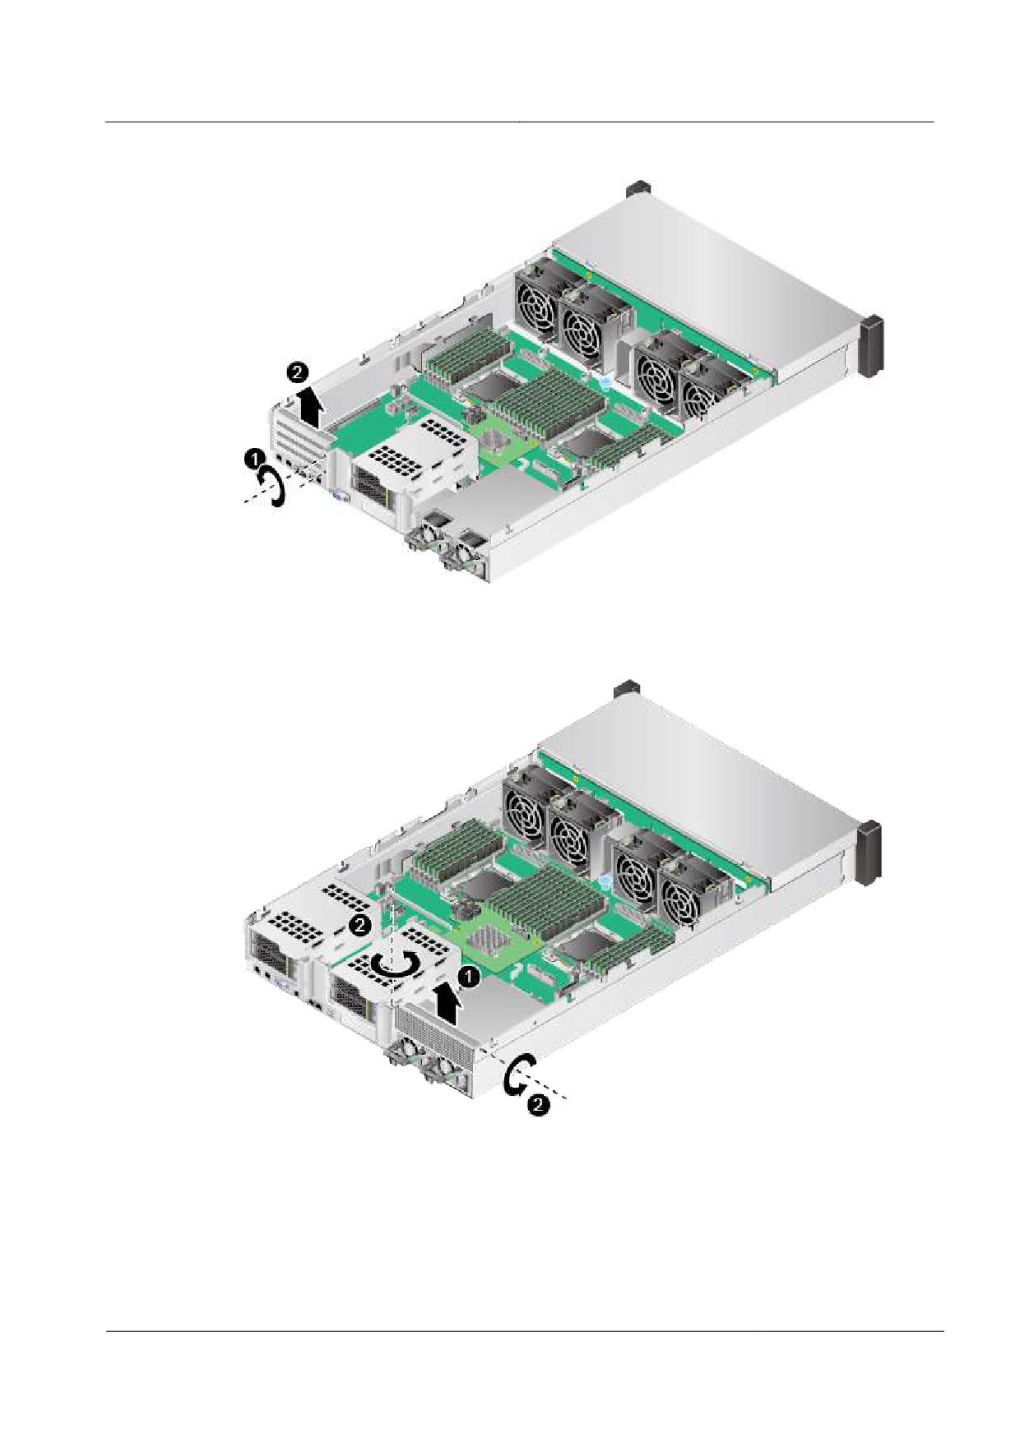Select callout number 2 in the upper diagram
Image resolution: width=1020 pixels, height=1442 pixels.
(x=297, y=373)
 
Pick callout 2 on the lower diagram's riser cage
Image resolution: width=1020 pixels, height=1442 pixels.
(x=359, y=925)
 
